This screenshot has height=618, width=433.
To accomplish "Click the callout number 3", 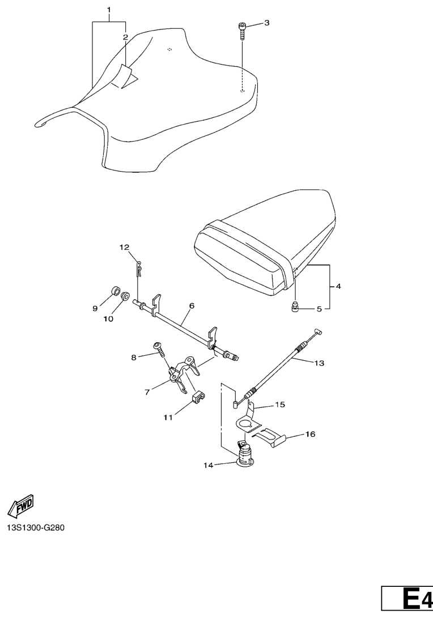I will click(x=266, y=23).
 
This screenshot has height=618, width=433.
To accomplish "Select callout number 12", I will click(x=124, y=247).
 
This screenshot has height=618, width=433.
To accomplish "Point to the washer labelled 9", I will click(x=113, y=291).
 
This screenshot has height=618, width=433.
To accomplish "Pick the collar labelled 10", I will click(x=125, y=295).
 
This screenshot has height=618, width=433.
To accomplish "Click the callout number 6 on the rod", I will click(x=192, y=306).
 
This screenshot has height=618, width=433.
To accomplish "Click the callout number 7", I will click(x=147, y=391).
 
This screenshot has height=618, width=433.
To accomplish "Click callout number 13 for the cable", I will click(x=320, y=363).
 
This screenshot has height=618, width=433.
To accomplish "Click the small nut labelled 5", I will click(x=295, y=309).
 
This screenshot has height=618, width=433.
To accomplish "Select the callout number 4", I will click(x=338, y=287).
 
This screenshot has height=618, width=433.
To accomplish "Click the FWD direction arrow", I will click(x=21, y=504).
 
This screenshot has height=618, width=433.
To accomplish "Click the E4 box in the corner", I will click(x=407, y=600).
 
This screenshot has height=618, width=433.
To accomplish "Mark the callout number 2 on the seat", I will click(x=125, y=37).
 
